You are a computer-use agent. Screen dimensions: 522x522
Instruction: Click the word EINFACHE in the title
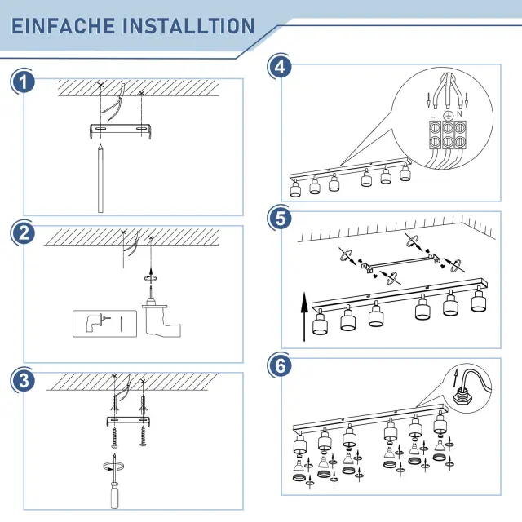tap(64, 26)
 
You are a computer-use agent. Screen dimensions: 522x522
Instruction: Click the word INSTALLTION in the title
tap(188, 26)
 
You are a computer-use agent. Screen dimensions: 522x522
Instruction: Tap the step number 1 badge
tap(23, 82)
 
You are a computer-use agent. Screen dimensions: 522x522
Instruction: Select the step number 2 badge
tap(23, 233)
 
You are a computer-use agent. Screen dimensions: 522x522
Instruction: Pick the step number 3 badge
tap(23, 380)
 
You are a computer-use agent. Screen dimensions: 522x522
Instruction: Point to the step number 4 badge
tap(280, 67)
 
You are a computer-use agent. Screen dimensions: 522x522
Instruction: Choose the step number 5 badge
tap(280, 219)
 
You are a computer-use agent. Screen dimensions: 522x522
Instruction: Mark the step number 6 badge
tap(280, 365)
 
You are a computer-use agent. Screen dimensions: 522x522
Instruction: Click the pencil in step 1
tap(100, 178)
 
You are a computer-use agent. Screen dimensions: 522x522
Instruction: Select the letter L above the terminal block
tap(432, 114)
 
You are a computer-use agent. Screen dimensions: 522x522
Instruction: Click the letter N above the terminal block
tap(460, 114)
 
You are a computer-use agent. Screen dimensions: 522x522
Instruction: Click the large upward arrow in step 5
tap(304, 317)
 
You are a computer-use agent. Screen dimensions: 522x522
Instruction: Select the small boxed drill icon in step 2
tap(105, 324)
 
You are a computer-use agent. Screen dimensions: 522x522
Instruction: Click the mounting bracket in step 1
tap(121, 130)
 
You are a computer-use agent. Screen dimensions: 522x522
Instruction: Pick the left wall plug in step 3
tap(115, 405)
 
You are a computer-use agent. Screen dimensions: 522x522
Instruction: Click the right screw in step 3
tap(144, 436)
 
